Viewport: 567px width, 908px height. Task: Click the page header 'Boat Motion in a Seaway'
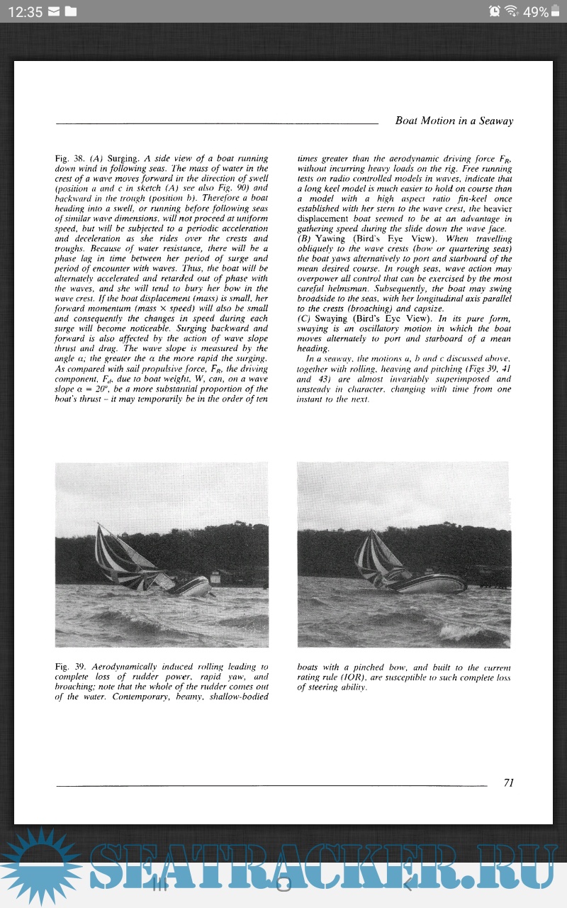[x=454, y=121]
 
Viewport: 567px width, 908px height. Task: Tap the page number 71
[x=508, y=782]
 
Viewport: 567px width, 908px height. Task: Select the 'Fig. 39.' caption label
[x=70, y=668]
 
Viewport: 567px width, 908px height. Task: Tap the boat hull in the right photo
[x=432, y=583]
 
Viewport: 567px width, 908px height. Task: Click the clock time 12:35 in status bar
[x=25, y=11]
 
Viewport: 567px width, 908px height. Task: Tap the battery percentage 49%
[x=535, y=11]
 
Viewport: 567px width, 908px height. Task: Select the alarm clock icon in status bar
[x=494, y=11]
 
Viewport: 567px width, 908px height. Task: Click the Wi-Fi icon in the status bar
[x=510, y=11]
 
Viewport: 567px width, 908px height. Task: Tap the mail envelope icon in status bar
[x=54, y=11]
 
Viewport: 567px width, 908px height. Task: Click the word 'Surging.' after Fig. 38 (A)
[x=125, y=158]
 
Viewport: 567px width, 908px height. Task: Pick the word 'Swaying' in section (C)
[x=331, y=319]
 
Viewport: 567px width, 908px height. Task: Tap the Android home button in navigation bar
[x=283, y=884]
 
